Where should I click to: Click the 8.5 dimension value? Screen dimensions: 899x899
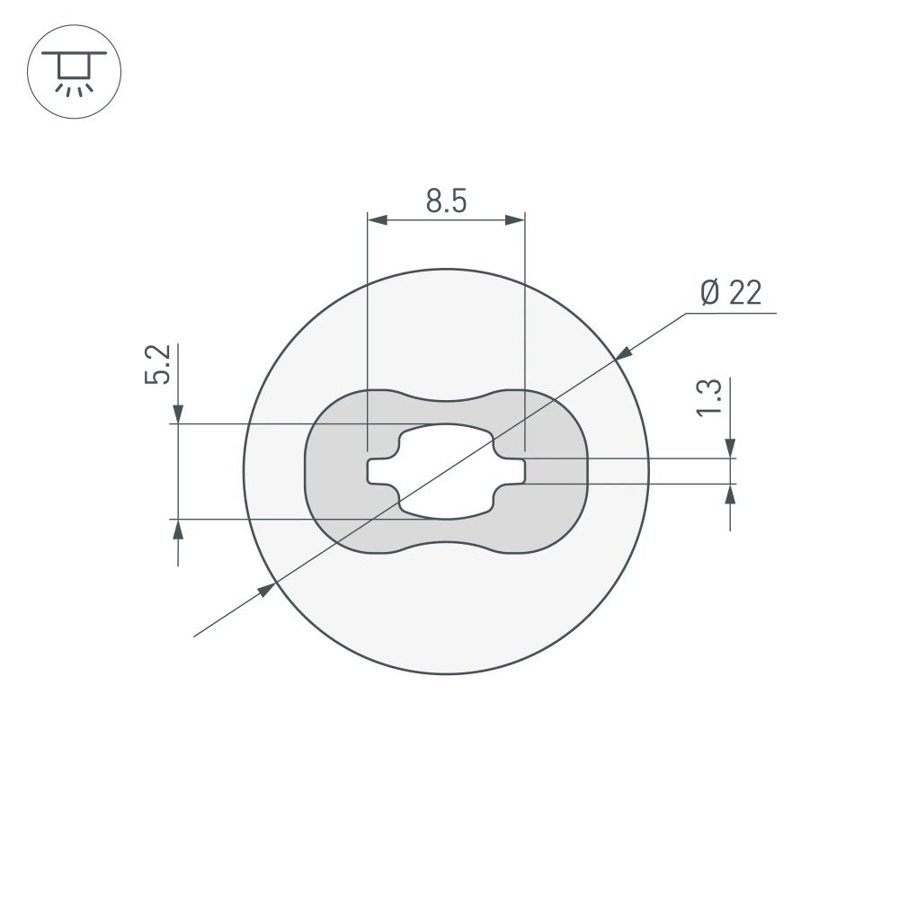(x=446, y=201)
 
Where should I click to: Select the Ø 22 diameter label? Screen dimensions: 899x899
(x=730, y=292)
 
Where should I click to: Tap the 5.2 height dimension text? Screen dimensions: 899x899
(x=157, y=364)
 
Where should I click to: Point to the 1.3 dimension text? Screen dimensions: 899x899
(x=708, y=397)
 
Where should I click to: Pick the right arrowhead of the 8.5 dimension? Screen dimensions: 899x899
(x=514, y=219)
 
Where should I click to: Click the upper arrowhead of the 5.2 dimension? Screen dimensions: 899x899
(x=179, y=414)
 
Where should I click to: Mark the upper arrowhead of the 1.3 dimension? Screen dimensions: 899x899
(x=730, y=448)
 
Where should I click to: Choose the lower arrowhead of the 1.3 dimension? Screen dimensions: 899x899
(x=730, y=494)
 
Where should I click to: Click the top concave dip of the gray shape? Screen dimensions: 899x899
(x=446, y=401)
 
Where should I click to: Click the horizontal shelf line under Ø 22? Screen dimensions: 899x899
(x=730, y=314)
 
